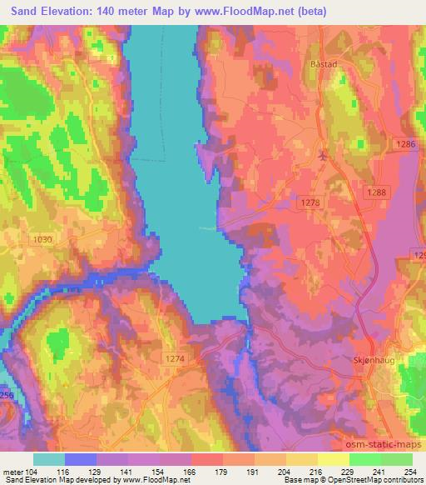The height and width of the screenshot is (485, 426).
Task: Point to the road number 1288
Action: pos(377,192)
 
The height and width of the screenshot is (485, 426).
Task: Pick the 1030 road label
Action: pos(41,239)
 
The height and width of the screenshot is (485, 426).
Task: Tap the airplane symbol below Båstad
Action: pos(323,155)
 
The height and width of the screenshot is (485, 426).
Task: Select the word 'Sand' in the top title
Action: pos(20,12)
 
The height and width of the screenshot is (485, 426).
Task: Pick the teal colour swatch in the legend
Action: pos(48,459)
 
